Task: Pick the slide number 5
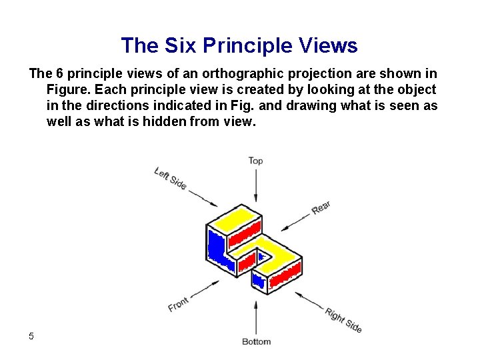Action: pyautogui.click(x=31, y=336)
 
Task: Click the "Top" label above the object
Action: pyautogui.click(x=256, y=161)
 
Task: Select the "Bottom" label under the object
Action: pyautogui.click(x=256, y=341)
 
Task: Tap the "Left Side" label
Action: pyautogui.click(x=170, y=177)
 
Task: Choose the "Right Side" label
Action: pyautogui.click(x=343, y=320)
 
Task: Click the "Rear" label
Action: pyautogui.click(x=321, y=208)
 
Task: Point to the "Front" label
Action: pyautogui.click(x=178, y=304)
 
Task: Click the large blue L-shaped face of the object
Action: pyautogui.click(x=217, y=245)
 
